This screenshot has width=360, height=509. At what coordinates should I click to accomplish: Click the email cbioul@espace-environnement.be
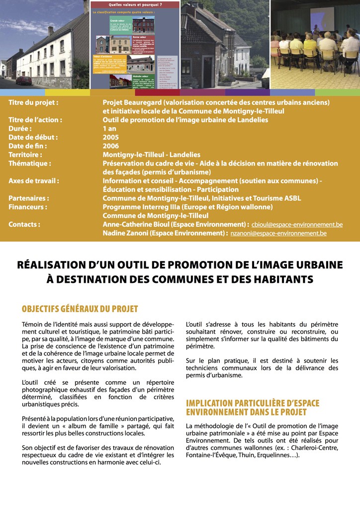[297, 225]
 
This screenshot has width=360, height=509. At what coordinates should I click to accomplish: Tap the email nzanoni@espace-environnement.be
[278, 233]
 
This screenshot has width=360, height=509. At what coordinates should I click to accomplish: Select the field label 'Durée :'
[20, 129]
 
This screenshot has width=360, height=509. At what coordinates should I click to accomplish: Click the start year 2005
[111, 137]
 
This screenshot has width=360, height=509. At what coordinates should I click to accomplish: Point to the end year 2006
[111, 146]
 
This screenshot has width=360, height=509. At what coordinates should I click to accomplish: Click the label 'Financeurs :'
[28, 207]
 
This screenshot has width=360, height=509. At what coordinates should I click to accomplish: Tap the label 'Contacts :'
[24, 225]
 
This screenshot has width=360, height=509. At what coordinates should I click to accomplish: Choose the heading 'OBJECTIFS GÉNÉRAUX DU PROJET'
[80, 309]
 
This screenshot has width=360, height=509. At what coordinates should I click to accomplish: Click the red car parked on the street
[24, 81]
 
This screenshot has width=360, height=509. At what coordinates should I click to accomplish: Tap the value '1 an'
[109, 129]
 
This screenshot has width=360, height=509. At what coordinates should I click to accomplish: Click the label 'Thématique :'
[30, 164]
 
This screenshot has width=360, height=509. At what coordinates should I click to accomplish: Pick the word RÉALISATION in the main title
[53, 264]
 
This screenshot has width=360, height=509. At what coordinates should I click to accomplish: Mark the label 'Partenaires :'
[28, 198]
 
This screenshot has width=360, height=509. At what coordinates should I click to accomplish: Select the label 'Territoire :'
[25, 155]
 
